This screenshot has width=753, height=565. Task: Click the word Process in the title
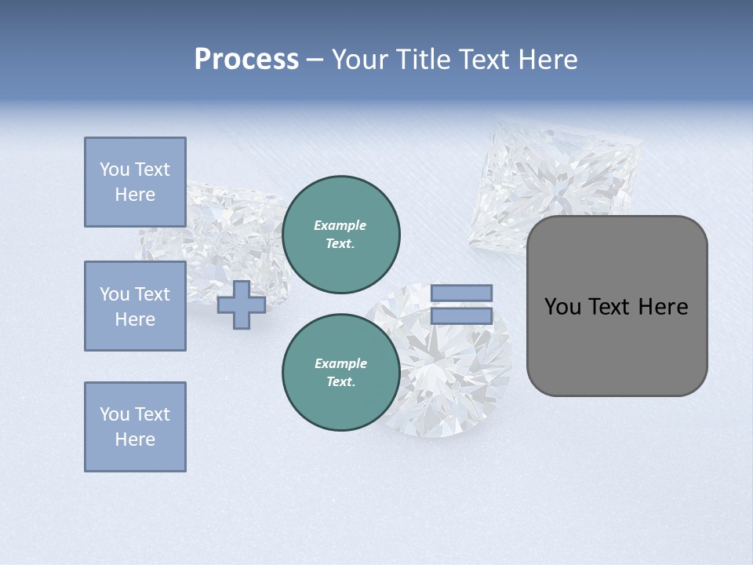(x=246, y=60)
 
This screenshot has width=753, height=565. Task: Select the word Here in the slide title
(x=547, y=60)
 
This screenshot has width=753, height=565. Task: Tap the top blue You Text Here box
(x=135, y=182)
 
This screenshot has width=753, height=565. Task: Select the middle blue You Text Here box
(x=135, y=306)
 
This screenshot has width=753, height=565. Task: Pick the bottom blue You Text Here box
(x=135, y=427)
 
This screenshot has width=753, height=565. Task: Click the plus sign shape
(x=242, y=304)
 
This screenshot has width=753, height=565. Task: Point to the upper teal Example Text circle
(x=341, y=235)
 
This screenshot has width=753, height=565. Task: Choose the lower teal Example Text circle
(x=341, y=373)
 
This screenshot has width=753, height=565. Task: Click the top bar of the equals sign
(x=461, y=293)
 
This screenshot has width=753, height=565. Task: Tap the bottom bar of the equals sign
(x=461, y=315)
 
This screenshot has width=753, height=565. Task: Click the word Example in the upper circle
(x=340, y=225)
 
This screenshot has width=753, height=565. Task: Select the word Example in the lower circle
(x=340, y=363)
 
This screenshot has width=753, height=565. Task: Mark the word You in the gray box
(x=562, y=307)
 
